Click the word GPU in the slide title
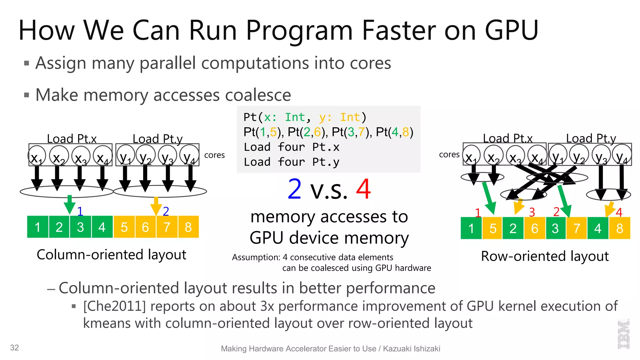pyautogui.click(x=511, y=30)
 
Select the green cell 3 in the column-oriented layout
pyautogui.click(x=80, y=227)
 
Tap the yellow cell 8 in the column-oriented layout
pyautogui.click(x=188, y=227)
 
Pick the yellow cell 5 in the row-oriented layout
pyautogui.click(x=492, y=228)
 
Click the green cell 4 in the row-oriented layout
pyautogui.click(x=597, y=228)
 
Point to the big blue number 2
pyautogui.click(x=295, y=189)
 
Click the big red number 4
pyautogui.click(x=363, y=189)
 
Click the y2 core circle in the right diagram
pyautogui.click(x=579, y=155)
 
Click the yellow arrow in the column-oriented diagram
pyautogui.click(x=156, y=205)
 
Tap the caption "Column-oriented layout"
pyautogui.click(x=111, y=255)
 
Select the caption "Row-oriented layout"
pyautogui.click(x=545, y=256)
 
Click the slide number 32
pyautogui.click(x=14, y=347)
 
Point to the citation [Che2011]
pyautogui.click(x=114, y=306)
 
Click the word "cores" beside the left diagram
pyautogui.click(x=214, y=155)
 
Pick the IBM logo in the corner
pyautogui.click(x=623, y=334)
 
